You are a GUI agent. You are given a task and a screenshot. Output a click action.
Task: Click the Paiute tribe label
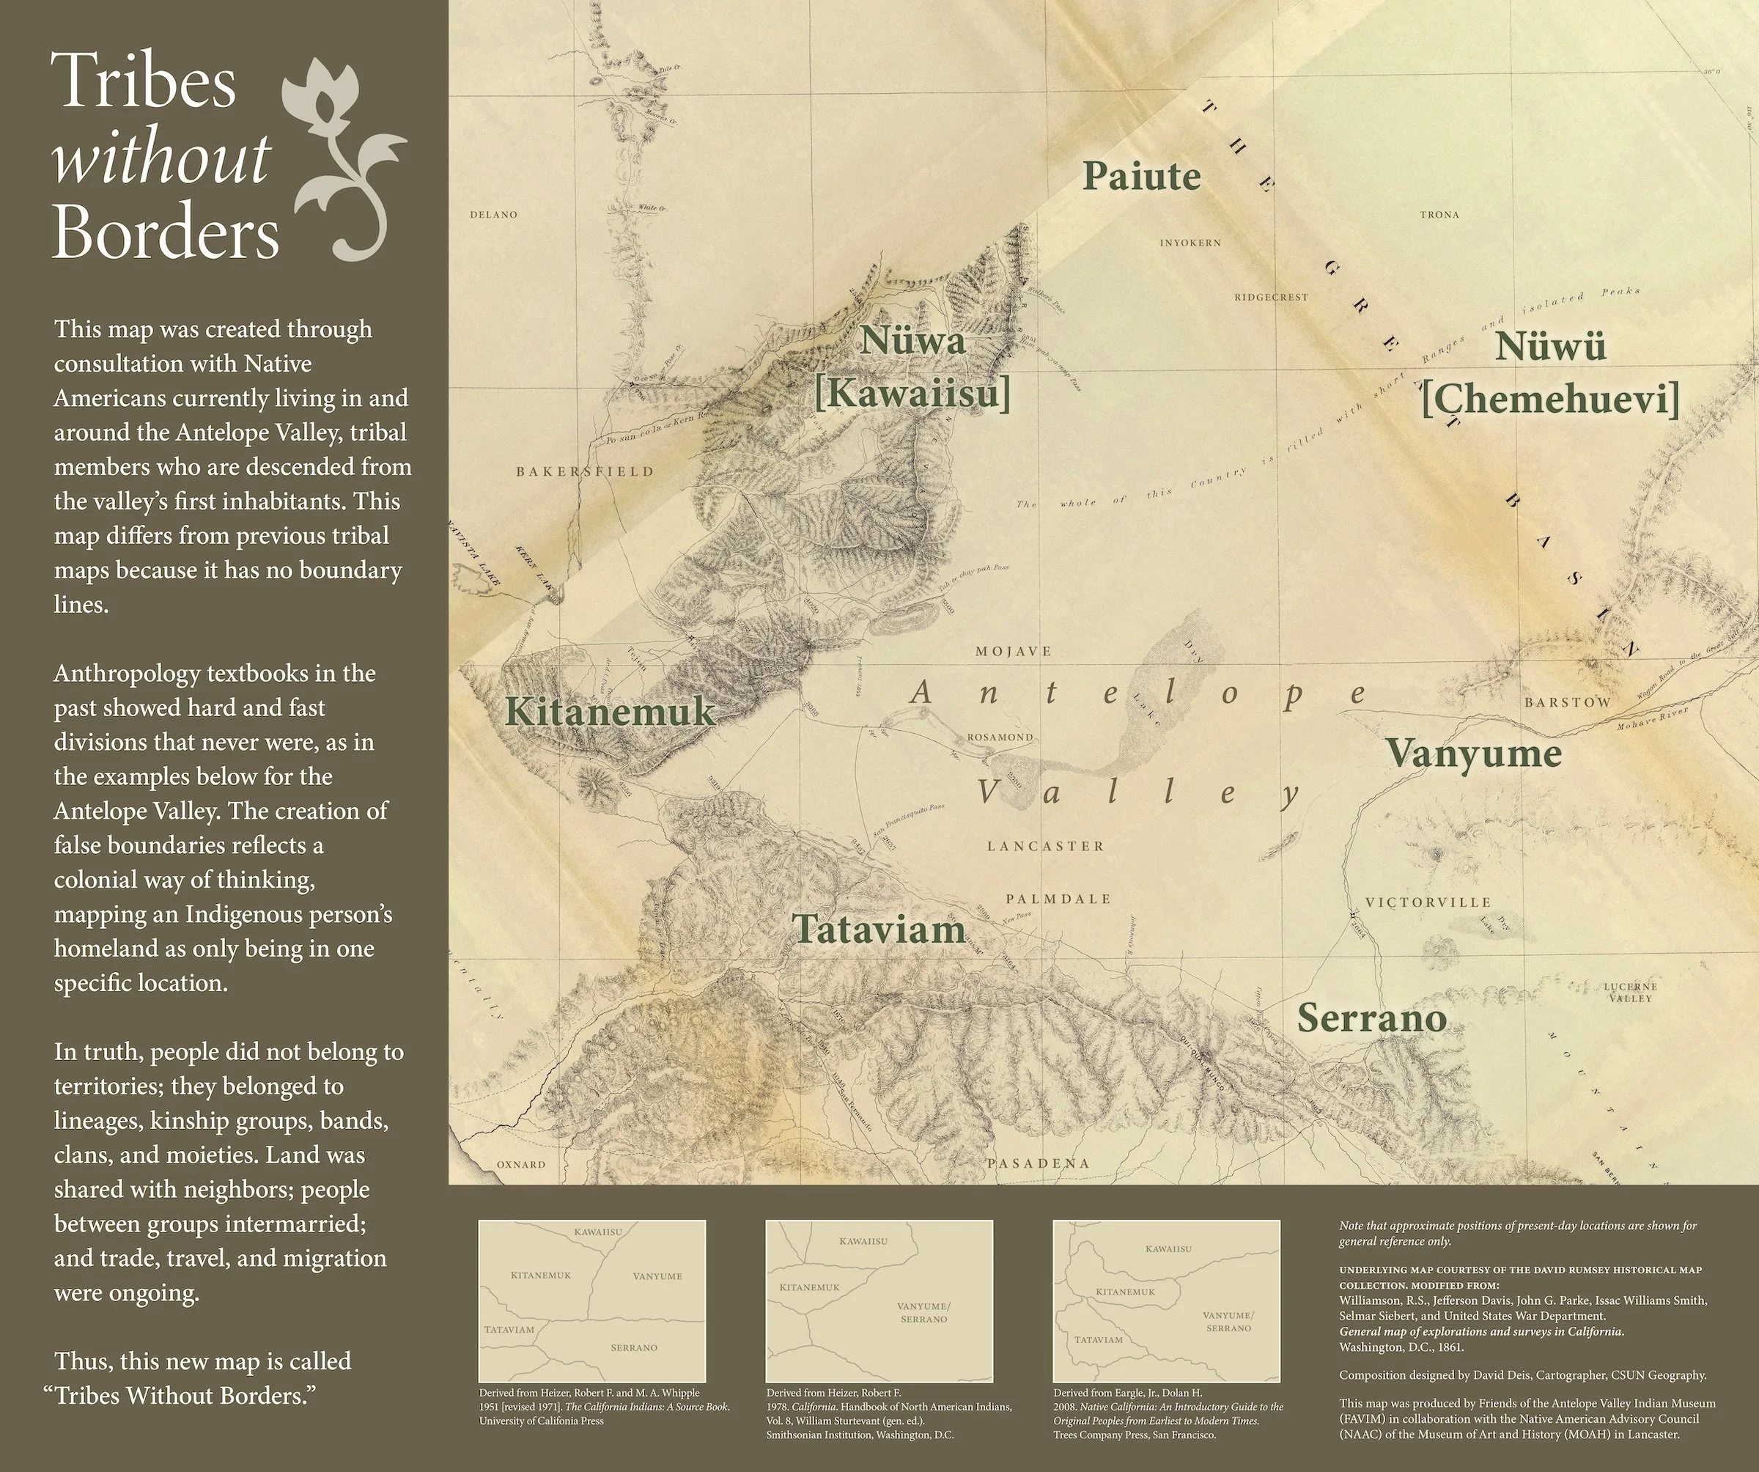(1141, 177)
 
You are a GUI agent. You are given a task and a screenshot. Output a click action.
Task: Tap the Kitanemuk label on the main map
(611, 712)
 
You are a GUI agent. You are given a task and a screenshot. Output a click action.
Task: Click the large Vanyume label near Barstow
(1472, 753)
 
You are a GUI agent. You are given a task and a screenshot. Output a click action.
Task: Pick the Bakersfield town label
(585, 471)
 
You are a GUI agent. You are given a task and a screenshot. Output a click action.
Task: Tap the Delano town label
(493, 215)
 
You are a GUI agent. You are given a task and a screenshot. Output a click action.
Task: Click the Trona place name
(1439, 216)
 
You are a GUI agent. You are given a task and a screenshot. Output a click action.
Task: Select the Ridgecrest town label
(1271, 298)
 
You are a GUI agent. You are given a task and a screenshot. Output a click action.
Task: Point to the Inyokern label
(1190, 243)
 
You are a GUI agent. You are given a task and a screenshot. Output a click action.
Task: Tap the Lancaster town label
(1045, 846)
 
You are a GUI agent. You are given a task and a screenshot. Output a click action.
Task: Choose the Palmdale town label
(1058, 899)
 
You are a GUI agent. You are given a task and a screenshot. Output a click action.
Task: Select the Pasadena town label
(1038, 1163)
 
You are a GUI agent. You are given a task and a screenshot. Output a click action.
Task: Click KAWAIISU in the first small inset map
(598, 1232)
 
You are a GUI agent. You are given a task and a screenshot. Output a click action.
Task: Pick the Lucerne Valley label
(1630, 992)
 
